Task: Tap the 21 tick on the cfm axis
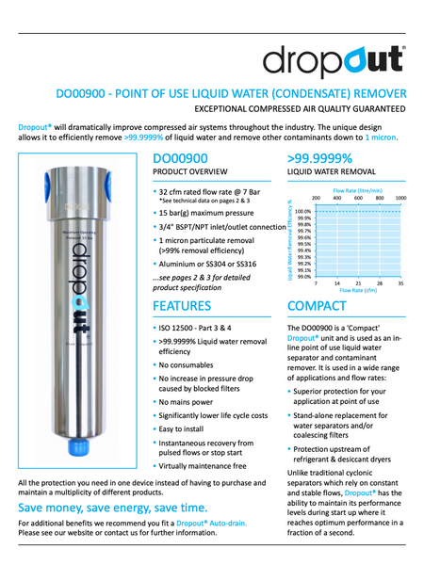point(358,283)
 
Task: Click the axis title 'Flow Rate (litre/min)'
point(359,190)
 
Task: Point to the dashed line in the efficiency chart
point(358,212)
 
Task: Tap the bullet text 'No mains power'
point(189,401)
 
